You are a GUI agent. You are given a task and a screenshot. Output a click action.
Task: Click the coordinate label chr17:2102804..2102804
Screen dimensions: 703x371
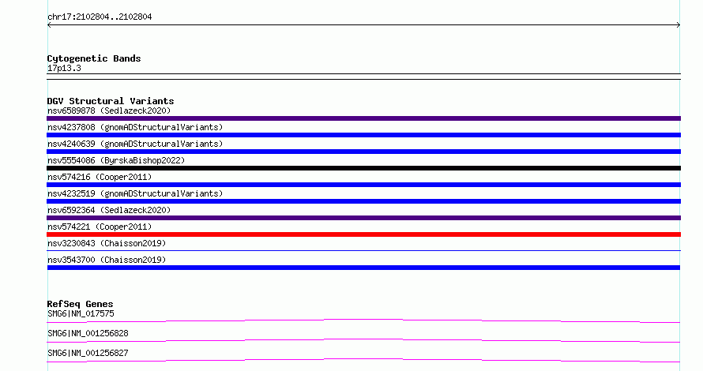[100, 17]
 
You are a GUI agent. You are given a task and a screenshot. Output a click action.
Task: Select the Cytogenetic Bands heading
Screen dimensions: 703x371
[94, 58]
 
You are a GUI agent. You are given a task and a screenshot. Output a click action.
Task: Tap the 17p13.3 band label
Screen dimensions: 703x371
[64, 68]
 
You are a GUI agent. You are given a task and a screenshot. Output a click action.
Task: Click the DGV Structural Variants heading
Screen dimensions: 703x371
[111, 101]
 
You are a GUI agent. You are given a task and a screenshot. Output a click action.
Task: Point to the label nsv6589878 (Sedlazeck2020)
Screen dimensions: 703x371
[109, 111]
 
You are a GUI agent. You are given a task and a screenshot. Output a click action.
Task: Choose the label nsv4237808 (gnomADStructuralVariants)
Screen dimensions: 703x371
[135, 127]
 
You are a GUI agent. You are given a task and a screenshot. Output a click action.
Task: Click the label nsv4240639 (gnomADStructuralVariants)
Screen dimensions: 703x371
[135, 144]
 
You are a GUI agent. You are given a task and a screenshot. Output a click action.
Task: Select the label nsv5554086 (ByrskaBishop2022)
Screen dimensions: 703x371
[116, 160]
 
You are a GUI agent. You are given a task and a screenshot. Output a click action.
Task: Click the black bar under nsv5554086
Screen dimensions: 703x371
[363, 168]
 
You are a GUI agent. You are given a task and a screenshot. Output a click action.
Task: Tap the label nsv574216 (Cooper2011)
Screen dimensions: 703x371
[100, 177]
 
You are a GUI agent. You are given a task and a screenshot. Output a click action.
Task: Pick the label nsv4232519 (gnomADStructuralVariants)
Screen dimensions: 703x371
[135, 193]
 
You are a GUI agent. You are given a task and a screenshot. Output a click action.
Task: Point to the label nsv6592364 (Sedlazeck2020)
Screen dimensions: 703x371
[109, 210]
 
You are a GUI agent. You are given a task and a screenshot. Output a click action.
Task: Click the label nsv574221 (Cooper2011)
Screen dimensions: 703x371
[100, 227]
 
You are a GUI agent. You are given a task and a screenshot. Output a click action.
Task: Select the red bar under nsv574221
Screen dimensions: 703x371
[363, 234]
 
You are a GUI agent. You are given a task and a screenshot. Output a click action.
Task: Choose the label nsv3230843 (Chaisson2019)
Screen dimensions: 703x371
[107, 243]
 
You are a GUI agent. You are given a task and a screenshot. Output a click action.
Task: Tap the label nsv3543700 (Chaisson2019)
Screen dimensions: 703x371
[107, 260]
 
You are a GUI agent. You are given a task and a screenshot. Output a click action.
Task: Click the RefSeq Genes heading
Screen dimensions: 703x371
[80, 304]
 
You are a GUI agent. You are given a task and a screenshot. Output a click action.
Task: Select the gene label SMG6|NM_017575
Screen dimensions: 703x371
[81, 313]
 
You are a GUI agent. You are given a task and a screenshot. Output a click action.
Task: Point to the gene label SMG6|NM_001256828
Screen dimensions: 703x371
[88, 333]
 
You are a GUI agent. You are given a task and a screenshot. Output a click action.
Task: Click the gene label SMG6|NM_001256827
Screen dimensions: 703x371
[88, 353]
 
